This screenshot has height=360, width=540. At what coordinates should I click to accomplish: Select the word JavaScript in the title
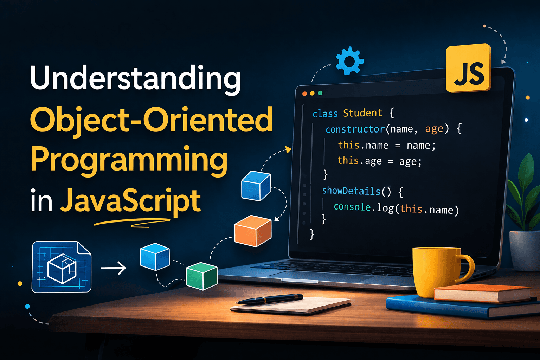pos(130,200)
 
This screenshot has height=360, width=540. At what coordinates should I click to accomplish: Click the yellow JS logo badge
pos(468,69)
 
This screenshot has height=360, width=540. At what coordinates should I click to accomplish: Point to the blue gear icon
pos(349,61)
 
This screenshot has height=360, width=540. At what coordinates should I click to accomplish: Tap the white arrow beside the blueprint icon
pos(113,268)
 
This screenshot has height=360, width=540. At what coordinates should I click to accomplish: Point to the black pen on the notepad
pos(269,299)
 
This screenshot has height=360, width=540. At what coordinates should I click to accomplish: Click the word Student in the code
pos(362,113)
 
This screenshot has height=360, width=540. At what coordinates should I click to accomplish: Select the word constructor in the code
pos(355,129)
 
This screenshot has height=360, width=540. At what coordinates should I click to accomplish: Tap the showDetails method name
pos(351,191)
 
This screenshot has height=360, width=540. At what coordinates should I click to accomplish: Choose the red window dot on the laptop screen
pos(304,94)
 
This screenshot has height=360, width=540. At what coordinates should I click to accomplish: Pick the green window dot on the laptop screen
pos(320,93)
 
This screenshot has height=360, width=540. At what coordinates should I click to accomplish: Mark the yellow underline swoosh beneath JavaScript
pos(132,222)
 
